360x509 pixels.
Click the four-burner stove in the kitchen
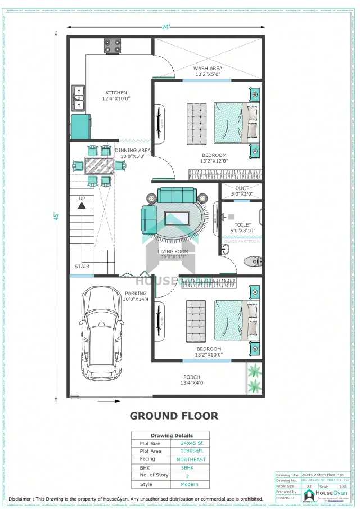(x=112, y=46)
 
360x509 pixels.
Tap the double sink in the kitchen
(x=77, y=98)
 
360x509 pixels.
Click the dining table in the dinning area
(x=99, y=165)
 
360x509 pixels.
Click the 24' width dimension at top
(x=166, y=26)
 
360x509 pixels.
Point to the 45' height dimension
(x=56, y=216)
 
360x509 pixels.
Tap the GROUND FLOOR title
(x=174, y=416)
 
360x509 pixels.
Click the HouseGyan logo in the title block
(x=323, y=494)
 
